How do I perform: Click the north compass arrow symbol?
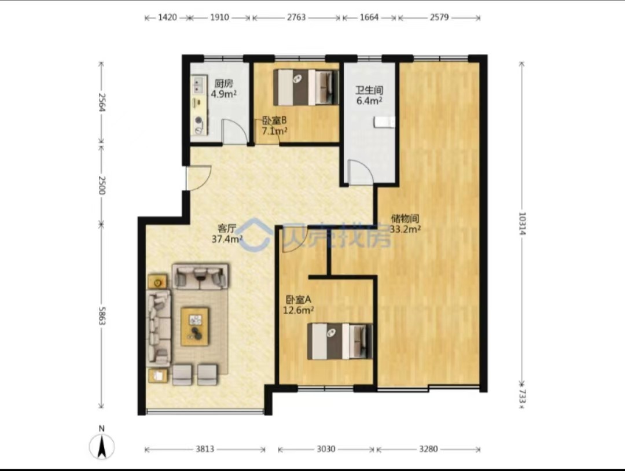pyautogui.click(x=102, y=444)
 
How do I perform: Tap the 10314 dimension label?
pyautogui.click(x=522, y=223)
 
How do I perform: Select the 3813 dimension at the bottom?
pyautogui.click(x=205, y=449)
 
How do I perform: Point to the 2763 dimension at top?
pyautogui.click(x=296, y=17)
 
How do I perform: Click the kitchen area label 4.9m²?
pyautogui.click(x=223, y=94)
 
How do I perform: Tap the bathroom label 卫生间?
pyautogui.click(x=369, y=90)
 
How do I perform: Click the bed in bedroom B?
pyautogui.click(x=306, y=87)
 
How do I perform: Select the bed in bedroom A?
pyautogui.click(x=340, y=341)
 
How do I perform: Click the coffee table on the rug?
pyautogui.click(x=195, y=326)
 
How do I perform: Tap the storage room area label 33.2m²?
pyautogui.click(x=405, y=229)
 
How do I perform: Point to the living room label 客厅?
pyautogui.click(x=227, y=229)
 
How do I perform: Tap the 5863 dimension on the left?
pyautogui.click(x=102, y=315)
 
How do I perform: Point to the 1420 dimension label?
pyautogui.click(x=167, y=17)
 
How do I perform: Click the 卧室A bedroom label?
pyautogui.click(x=299, y=299)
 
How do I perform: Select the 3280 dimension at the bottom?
pyautogui.click(x=428, y=449)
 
